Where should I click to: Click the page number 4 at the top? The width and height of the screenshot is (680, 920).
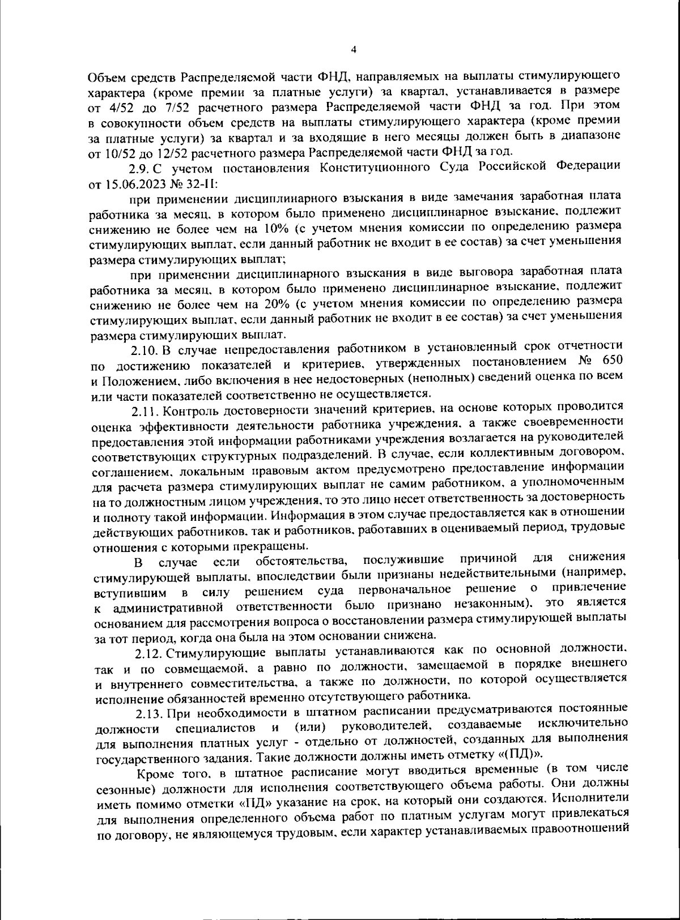coord(354,49)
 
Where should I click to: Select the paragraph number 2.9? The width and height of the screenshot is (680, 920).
coord(138,168)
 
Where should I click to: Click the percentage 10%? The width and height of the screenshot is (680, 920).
coord(277,229)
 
